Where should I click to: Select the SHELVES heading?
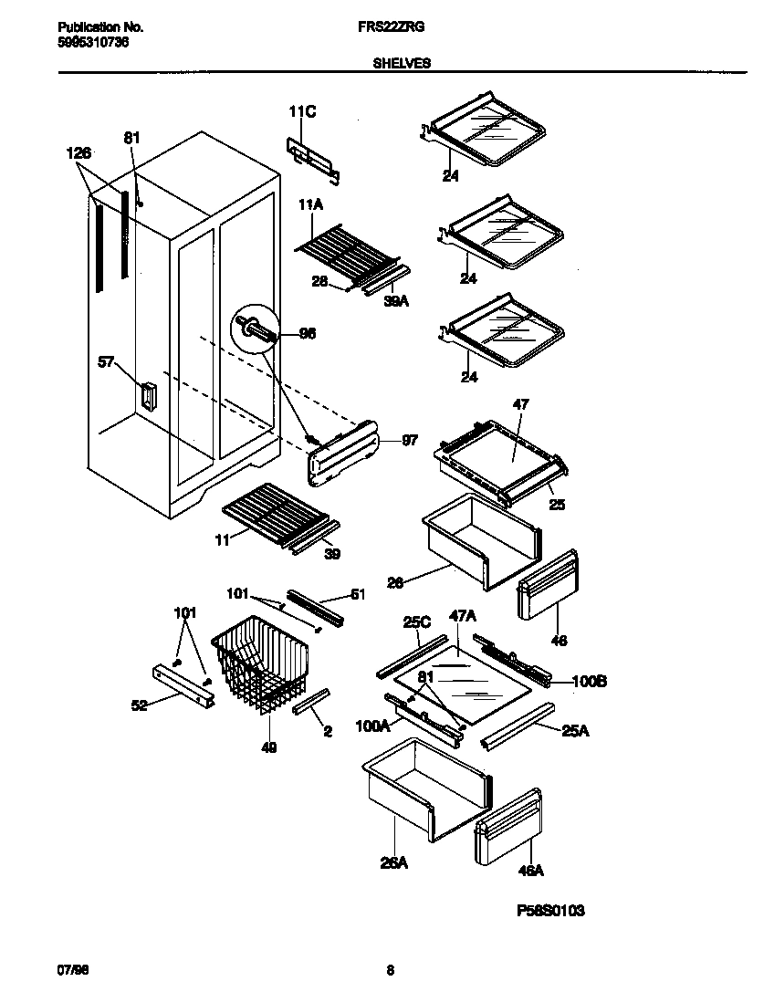402,63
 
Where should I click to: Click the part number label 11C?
302,112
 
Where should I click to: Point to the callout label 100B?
591,680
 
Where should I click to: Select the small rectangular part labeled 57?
146,398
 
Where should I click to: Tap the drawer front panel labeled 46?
548,584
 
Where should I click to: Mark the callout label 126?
79,154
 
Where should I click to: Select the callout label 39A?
394,299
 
